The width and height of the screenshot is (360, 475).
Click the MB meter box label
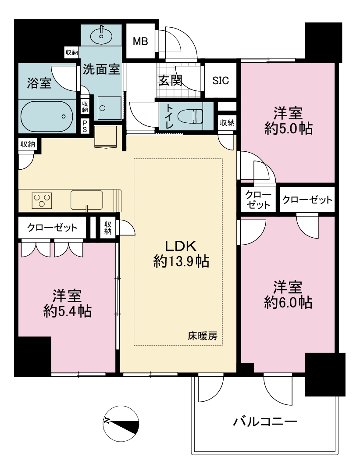click(x=140, y=41)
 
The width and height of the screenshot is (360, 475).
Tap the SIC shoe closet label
click(x=221, y=81)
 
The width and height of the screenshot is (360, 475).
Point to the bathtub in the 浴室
click(x=47, y=116)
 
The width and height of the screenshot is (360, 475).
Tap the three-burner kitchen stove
click(x=42, y=200)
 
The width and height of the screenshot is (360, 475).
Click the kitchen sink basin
click(x=87, y=200)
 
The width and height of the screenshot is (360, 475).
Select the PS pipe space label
click(x=84, y=126)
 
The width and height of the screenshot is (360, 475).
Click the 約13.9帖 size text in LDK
click(x=181, y=261)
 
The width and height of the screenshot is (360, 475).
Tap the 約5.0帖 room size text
click(x=288, y=129)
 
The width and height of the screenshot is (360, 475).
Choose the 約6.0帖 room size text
click(x=288, y=302)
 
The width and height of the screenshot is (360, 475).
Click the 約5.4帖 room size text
click(x=68, y=311)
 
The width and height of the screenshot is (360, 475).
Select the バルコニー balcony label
click(x=265, y=421)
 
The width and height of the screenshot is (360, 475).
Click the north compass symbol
click(x=121, y=423)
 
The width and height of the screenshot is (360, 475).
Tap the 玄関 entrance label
click(x=171, y=81)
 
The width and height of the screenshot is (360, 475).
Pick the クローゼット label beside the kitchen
click(x=52, y=227)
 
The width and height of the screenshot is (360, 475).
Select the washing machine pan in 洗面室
click(x=109, y=108)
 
